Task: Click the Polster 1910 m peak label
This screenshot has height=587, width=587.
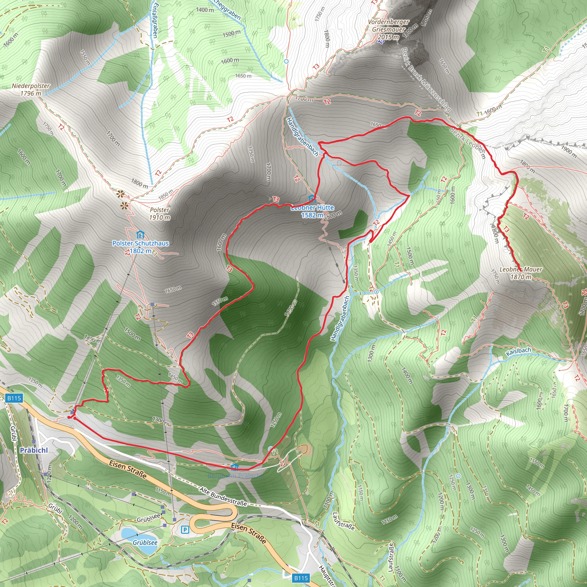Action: point(160,214)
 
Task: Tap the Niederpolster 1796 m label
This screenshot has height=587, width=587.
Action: point(31,90)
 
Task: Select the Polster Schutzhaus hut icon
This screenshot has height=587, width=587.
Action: point(140,235)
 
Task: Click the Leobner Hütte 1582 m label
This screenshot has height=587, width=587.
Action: point(312,211)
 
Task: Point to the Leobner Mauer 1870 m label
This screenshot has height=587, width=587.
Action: point(521,273)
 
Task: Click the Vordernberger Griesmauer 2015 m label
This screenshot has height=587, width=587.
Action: point(388,30)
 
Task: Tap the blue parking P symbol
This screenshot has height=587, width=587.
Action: point(185,530)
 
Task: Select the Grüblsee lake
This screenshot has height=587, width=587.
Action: point(140,538)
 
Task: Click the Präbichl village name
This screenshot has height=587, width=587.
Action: point(34,450)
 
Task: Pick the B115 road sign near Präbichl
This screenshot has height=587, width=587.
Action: point(14,398)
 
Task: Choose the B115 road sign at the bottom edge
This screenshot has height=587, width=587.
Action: point(301,578)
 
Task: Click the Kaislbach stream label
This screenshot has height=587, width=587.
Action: point(518,351)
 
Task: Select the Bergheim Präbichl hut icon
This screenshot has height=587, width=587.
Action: point(234,466)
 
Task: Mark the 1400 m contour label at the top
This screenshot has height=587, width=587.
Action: point(205,10)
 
